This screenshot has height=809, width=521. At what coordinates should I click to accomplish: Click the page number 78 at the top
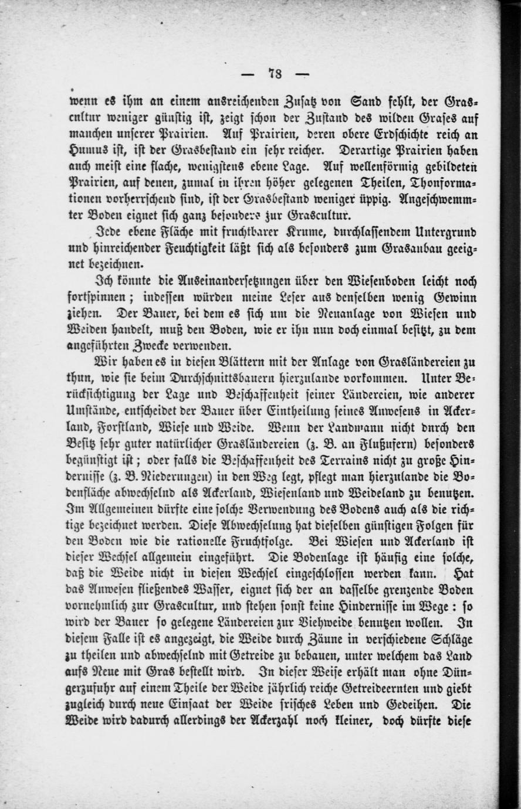point(276,73)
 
